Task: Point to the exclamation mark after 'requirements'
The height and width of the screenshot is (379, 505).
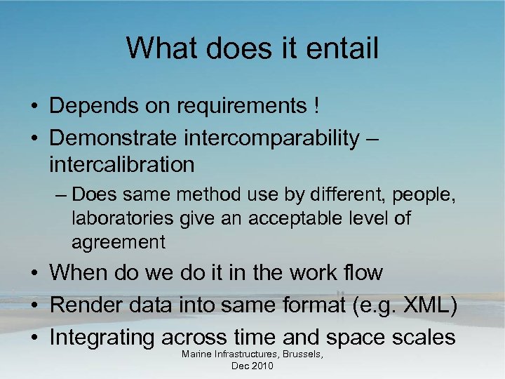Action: click(316, 106)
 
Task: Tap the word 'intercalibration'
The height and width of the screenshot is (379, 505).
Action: click(121, 165)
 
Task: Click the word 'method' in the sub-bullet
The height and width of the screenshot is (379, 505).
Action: click(207, 193)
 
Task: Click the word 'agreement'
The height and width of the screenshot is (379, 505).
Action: click(118, 242)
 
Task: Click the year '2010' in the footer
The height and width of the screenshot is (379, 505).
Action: click(263, 367)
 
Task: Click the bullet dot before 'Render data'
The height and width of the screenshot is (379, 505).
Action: click(34, 305)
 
